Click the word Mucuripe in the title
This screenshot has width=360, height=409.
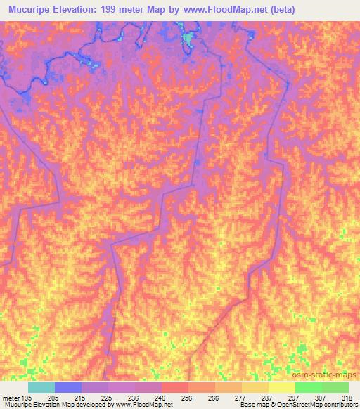(31, 9)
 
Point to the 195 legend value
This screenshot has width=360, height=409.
(27, 398)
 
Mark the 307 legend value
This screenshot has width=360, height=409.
(321, 398)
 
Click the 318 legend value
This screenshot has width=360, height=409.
(347, 398)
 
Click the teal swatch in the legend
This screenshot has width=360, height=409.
(41, 387)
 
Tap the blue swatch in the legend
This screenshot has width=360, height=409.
(67, 387)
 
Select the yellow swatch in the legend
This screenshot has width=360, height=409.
(281, 387)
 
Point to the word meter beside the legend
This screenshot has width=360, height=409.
(11, 398)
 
